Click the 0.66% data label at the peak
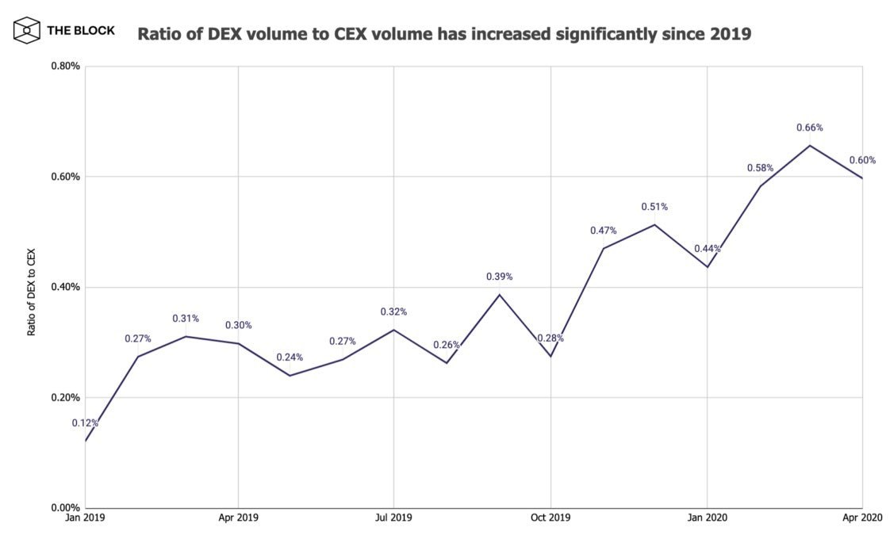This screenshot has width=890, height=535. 810,128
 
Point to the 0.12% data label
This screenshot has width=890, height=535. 85,423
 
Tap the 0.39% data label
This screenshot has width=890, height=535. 499,277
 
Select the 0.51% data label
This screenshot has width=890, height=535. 654,207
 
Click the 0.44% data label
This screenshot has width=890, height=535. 707,249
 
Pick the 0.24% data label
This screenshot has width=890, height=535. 290,357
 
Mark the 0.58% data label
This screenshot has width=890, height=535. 760,168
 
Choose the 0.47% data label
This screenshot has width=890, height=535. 603,231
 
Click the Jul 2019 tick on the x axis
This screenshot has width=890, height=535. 393,518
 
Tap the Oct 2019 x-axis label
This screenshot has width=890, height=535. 550,518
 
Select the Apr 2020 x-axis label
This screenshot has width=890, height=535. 861,518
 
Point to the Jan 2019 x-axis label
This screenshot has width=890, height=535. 85,518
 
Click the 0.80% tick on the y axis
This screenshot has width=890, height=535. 64,66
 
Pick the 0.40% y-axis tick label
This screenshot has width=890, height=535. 64,287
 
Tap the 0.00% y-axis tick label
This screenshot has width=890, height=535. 64,508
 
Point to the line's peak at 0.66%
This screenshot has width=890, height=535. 810,145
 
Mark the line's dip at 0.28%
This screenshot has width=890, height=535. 550,356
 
